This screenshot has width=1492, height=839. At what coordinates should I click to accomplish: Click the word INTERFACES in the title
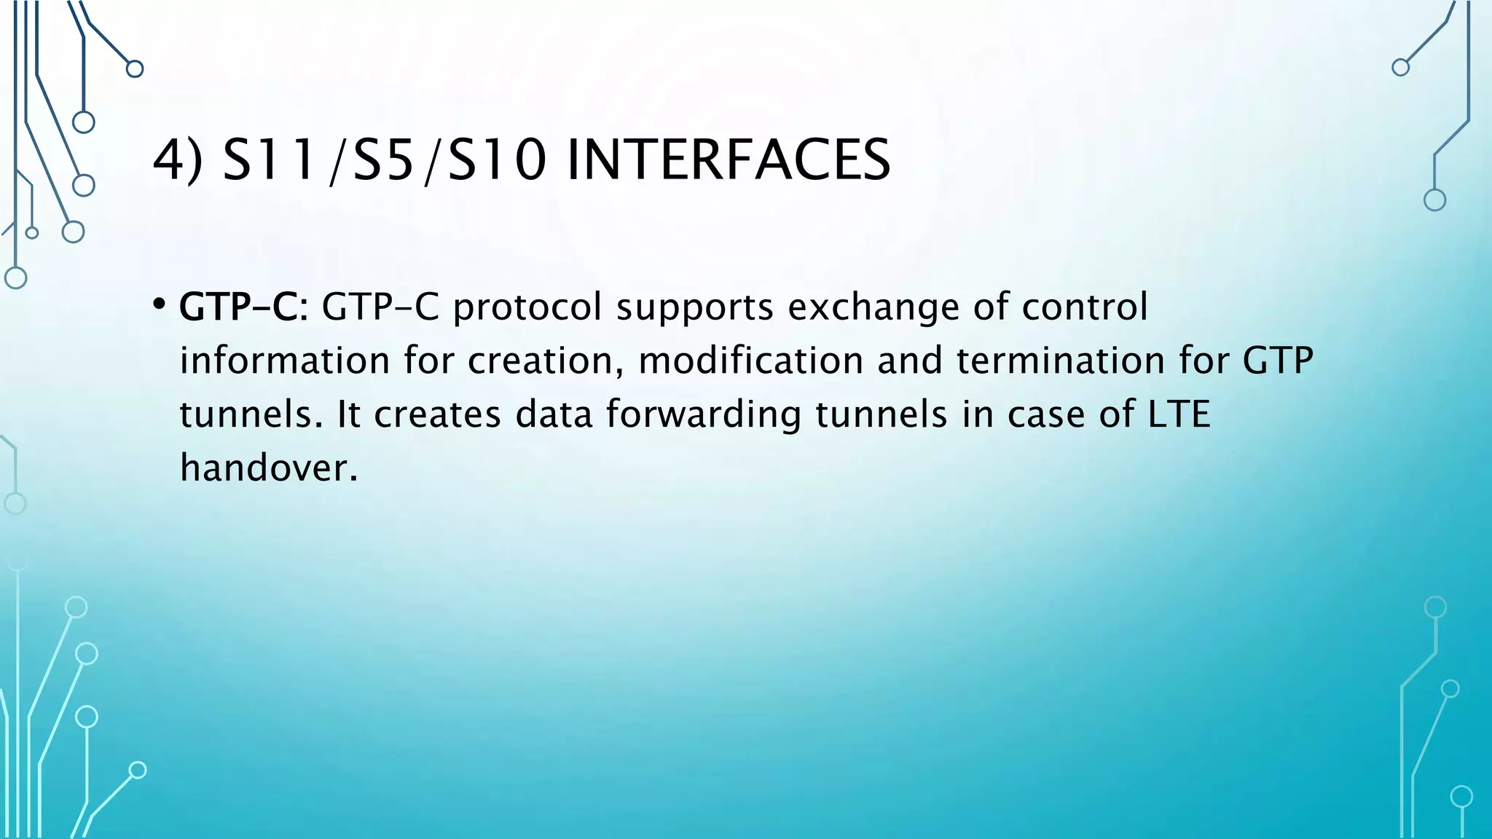pyautogui.click(x=728, y=160)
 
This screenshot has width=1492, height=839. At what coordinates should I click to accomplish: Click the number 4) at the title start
pyautogui.click(x=178, y=160)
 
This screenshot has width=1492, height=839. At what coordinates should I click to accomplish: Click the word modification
pyautogui.click(x=750, y=361)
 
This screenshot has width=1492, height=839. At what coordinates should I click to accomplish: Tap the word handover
pyautogui.click(x=269, y=468)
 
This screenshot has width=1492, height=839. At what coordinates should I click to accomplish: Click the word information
pyautogui.click(x=285, y=361)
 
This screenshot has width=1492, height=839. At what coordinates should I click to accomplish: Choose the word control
pyautogui.click(x=1084, y=307)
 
